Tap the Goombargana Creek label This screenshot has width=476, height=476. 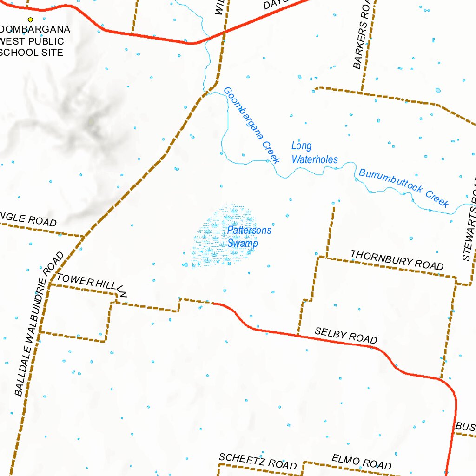(x=251, y=126)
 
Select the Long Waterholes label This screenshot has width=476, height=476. (x=314, y=153)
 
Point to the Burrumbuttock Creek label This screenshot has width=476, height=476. (x=404, y=187)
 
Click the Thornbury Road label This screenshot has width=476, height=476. (x=397, y=260)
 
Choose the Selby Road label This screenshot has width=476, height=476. (x=346, y=335)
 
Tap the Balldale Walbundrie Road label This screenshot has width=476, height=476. (x=39, y=324)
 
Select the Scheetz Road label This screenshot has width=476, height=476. (x=258, y=461)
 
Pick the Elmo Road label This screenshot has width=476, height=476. (x=361, y=462)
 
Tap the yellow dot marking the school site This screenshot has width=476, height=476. (x=31, y=20)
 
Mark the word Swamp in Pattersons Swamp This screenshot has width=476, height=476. (x=243, y=243)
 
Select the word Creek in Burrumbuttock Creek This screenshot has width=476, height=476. (x=436, y=198)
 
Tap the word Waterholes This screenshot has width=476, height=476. (x=314, y=159)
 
